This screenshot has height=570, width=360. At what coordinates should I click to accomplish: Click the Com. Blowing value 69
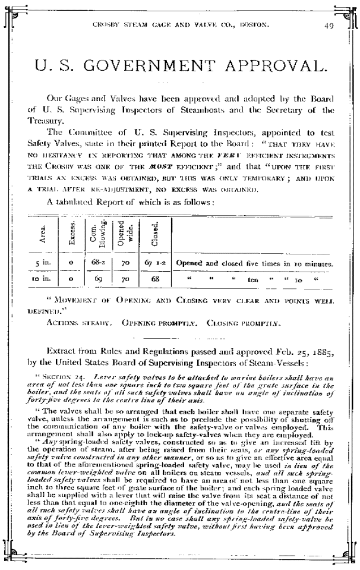99,278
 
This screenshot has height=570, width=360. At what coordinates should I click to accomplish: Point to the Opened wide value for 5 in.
125,262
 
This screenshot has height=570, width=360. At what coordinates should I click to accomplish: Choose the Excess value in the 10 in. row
71,278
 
